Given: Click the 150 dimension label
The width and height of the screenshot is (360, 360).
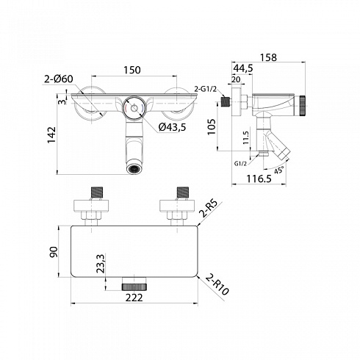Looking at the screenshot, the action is (132, 70).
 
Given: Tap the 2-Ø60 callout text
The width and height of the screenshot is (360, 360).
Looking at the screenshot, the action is (59, 79).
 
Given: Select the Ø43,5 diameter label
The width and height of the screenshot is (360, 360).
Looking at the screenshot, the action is (172, 127).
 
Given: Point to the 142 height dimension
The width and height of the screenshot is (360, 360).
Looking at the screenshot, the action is (51, 135).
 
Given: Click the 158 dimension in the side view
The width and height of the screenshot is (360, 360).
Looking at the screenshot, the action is (268, 57).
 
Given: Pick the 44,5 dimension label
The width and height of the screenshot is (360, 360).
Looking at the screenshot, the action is (243, 68).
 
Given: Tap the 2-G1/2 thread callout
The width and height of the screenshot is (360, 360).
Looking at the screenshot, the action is (206, 89).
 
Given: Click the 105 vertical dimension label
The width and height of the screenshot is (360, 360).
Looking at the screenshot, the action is (212, 126).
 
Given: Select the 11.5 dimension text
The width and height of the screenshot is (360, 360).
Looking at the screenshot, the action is (246, 137).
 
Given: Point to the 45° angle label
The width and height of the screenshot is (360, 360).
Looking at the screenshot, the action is (279, 170).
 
